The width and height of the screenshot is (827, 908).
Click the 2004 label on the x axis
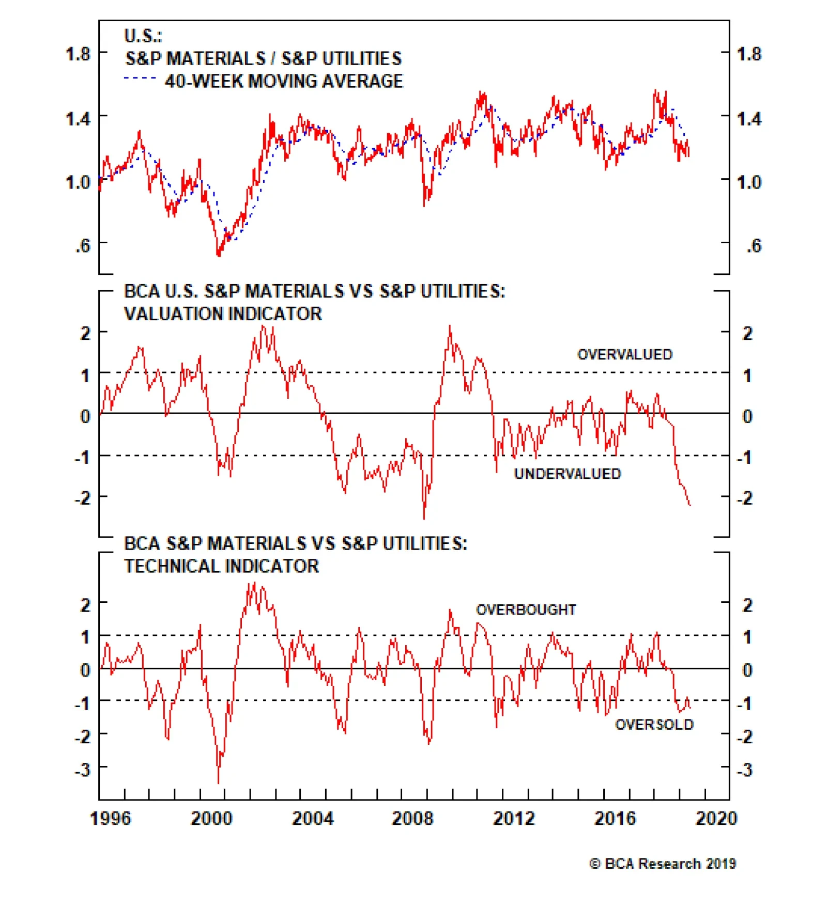(x=312, y=818)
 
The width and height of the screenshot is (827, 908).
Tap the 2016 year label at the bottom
(x=615, y=818)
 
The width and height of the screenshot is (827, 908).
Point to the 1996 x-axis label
(x=110, y=818)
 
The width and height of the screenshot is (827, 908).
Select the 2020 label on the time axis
(x=716, y=818)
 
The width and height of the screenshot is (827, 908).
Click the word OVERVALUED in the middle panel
(x=624, y=354)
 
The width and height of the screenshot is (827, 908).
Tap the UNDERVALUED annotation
(x=567, y=474)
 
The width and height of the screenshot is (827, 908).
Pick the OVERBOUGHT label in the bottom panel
(x=526, y=609)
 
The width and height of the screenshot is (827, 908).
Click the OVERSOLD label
(x=654, y=725)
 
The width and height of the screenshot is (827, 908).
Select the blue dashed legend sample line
(x=140, y=79)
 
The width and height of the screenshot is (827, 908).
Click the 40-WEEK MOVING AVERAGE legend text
(x=284, y=81)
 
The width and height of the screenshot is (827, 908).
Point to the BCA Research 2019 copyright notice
(x=662, y=864)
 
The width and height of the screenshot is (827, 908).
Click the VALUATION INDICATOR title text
(x=223, y=314)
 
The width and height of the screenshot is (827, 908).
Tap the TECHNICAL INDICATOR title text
(x=221, y=566)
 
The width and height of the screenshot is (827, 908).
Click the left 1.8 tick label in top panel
(x=78, y=54)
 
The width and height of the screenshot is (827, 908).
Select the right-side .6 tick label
(x=754, y=246)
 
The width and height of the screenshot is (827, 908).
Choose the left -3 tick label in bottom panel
(x=82, y=770)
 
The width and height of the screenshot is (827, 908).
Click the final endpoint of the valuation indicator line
(x=690, y=505)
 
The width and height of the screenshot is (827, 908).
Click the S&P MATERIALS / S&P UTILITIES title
(x=263, y=58)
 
